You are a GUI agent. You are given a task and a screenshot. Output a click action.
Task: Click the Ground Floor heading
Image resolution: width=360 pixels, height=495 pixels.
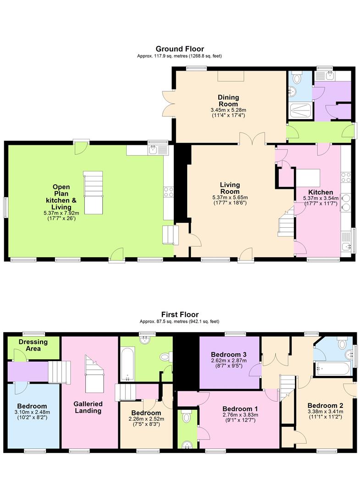click(x=180, y=49)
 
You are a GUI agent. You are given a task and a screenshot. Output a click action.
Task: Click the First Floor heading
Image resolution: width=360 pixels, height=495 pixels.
click(x=180, y=314)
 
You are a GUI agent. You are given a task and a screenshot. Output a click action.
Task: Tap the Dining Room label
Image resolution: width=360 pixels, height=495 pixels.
click(x=228, y=101)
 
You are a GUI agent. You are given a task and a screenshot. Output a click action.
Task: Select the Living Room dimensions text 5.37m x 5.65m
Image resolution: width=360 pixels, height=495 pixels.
click(x=230, y=198)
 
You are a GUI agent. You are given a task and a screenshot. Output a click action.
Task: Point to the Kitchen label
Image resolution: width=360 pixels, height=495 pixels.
click(x=321, y=192)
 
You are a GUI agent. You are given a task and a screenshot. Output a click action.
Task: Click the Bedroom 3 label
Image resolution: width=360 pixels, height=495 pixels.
click(x=229, y=354)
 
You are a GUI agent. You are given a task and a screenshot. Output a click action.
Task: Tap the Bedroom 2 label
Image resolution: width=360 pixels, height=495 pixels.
click(x=325, y=406)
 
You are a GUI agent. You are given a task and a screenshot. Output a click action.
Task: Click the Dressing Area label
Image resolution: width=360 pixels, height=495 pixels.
click(x=33, y=345)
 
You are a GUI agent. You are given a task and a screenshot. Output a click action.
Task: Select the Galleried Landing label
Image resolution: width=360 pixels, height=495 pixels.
click(x=88, y=407)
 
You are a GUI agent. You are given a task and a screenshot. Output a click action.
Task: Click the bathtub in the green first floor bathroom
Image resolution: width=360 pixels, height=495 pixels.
click(x=128, y=364)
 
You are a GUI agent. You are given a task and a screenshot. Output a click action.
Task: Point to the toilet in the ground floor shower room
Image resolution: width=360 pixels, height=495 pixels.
click(x=297, y=77)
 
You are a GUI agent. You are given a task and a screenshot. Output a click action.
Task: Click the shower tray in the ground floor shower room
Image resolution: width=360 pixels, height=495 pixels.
click(x=301, y=111)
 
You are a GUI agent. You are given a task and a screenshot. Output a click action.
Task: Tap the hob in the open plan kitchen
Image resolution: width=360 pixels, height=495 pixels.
click(x=168, y=191)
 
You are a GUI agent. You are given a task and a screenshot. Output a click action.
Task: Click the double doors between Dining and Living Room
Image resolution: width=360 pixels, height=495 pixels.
click(x=252, y=138)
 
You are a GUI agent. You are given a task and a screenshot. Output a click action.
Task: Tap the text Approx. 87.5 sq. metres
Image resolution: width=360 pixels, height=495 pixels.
click(x=164, y=321)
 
